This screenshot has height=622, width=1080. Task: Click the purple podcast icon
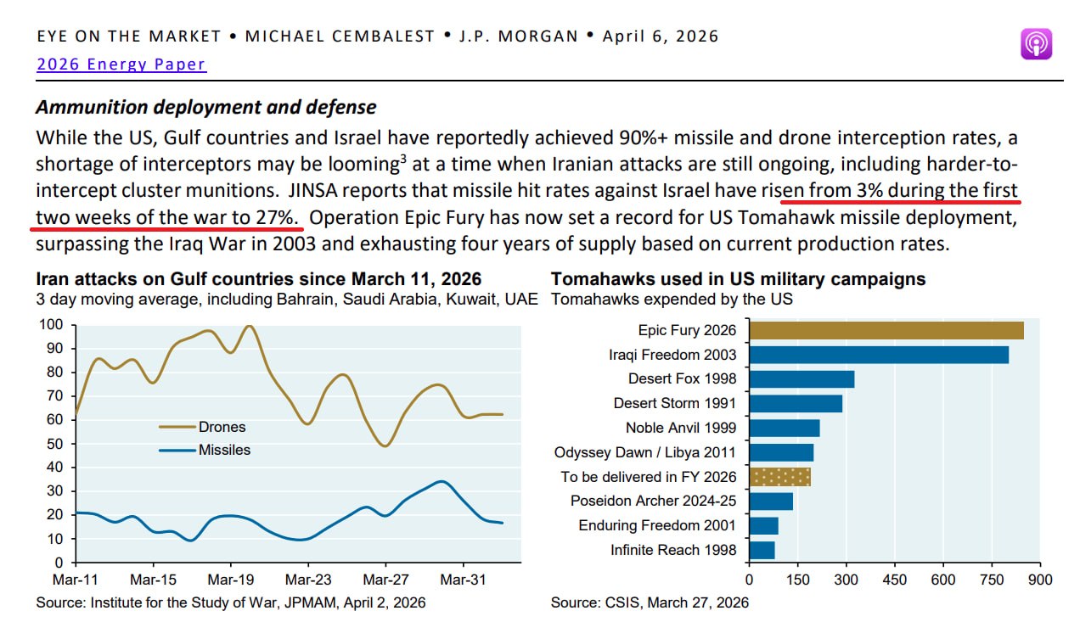(x=1036, y=44)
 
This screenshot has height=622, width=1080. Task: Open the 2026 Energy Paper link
(x=121, y=64)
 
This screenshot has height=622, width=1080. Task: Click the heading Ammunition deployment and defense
(x=205, y=108)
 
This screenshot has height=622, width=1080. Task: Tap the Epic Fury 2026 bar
(x=886, y=330)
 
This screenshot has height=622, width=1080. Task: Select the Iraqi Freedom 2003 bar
(x=878, y=355)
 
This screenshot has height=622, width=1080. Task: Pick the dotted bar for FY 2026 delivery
(x=779, y=476)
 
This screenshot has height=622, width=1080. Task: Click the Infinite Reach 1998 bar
(x=762, y=550)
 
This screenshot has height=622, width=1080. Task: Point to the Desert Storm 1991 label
(x=675, y=403)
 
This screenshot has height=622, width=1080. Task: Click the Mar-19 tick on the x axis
(x=231, y=580)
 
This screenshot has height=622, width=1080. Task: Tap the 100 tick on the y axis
(x=52, y=325)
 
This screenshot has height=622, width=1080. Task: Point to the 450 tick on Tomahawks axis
(x=894, y=580)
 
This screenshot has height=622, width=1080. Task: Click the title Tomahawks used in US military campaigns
(x=738, y=279)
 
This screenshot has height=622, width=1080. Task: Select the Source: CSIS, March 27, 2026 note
(x=650, y=602)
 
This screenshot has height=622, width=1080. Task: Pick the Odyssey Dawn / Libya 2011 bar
(x=781, y=452)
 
